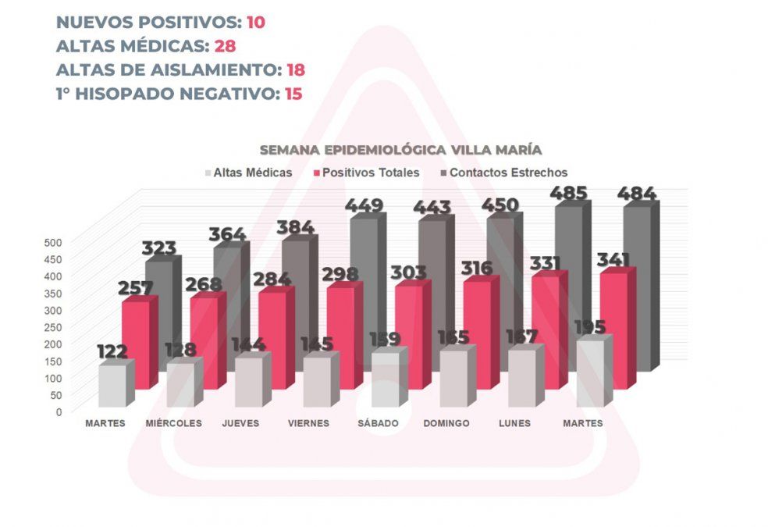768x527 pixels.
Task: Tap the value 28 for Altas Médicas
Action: tap(225, 45)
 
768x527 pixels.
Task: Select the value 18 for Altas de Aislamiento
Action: tap(294, 69)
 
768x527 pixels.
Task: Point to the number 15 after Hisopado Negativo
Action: tap(292, 94)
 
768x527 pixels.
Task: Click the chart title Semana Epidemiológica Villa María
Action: tap(401, 149)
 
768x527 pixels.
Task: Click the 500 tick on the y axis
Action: tap(52, 241)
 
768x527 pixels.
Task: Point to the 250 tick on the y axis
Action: tap(52, 326)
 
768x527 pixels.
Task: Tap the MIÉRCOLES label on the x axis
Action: tap(173, 423)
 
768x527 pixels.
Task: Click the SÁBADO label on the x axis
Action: tap(379, 423)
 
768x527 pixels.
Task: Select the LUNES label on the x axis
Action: tap(514, 423)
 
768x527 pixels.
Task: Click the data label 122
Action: tap(112, 351)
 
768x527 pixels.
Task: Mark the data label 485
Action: tap(570, 192)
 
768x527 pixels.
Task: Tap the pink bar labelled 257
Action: tap(136, 344)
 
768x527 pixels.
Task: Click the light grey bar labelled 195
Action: tap(591, 373)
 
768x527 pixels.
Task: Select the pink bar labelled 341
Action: tap(613, 328)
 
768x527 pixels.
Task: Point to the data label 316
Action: tap(476, 268)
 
